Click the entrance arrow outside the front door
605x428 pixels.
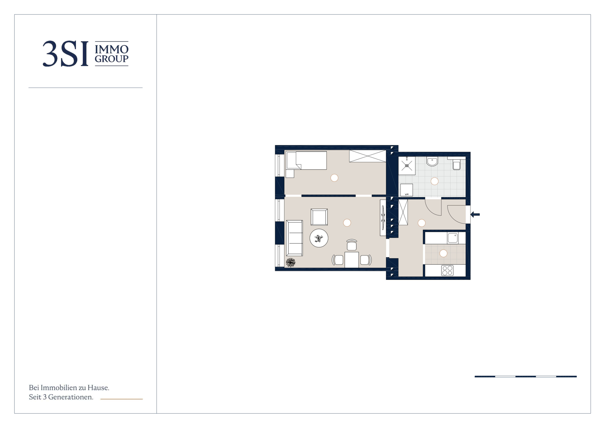click(475, 215)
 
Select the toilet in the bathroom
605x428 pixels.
click(457, 164)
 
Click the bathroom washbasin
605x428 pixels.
click(432, 161)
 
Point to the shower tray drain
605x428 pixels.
click(407, 166)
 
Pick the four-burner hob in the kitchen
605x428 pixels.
click(447, 270)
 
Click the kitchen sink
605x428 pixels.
click(453, 238)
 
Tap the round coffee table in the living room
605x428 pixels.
click(319, 238)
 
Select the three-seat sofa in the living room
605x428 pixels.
click(294, 238)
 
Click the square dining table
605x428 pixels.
click(352, 260)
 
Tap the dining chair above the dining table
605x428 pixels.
click(352, 245)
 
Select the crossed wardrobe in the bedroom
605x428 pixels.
click(368, 156)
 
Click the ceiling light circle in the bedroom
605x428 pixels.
click(334, 178)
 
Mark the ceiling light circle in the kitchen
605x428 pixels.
click(443, 253)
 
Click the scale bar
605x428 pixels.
click(526, 376)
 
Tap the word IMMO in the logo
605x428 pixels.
click(111, 49)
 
